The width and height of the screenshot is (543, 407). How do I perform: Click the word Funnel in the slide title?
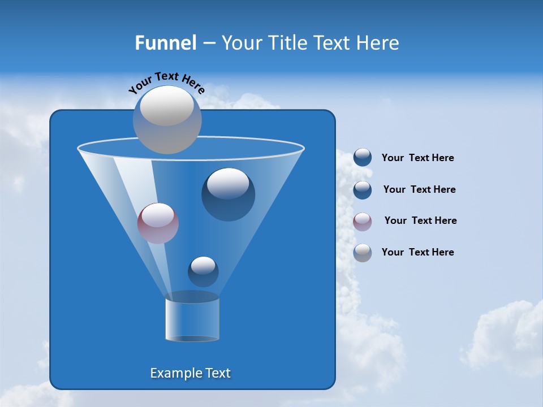tap(165, 43)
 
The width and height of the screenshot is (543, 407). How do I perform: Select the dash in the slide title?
tap(209, 44)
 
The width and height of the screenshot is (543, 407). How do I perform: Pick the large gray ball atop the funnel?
tap(167, 119)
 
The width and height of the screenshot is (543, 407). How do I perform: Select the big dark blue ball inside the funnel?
tap(228, 194)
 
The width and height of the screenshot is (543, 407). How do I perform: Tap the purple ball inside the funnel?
tap(158, 223)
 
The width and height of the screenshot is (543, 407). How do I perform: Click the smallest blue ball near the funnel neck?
tap(203, 271)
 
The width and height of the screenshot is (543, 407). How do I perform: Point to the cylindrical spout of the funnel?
tap(192, 320)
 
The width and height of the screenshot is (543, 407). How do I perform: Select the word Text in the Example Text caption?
tap(217, 373)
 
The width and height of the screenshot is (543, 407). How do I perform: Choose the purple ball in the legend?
tap(363, 222)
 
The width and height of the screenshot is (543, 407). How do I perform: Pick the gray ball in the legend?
tap(363, 253)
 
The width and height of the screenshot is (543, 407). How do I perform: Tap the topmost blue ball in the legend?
tap(363, 158)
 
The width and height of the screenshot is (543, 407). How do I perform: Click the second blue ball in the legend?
tap(363, 190)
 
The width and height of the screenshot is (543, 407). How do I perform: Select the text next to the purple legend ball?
tap(420, 220)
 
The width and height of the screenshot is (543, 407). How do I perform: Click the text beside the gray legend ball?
tap(417, 252)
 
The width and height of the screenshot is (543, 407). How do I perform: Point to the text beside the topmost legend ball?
tap(417, 158)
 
